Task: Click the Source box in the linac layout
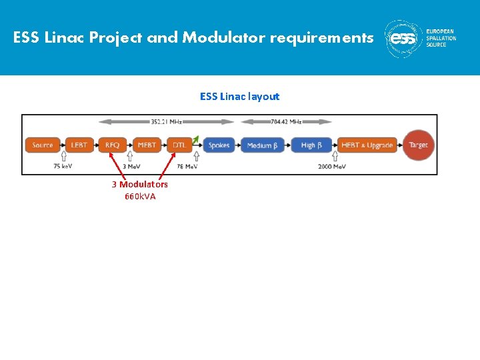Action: coord(43,145)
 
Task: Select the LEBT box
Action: coord(79,145)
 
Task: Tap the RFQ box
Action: coord(112,145)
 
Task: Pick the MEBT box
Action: coord(147,145)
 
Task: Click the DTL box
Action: coord(179,145)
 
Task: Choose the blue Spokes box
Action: coord(219,145)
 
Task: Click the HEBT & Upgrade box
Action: coord(367,145)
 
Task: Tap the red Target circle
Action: coord(419,145)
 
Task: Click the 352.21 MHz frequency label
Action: coord(166,122)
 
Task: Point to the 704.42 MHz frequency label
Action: coord(287,122)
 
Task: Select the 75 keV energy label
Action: coord(63,167)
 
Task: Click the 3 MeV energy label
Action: coord(131,167)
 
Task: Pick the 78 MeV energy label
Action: coord(187,167)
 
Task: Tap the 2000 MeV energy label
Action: coord(331,167)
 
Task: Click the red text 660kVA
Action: coord(140,196)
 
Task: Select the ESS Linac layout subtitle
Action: coord(239,97)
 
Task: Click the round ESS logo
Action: coord(403,39)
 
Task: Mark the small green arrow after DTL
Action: coord(195,139)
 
